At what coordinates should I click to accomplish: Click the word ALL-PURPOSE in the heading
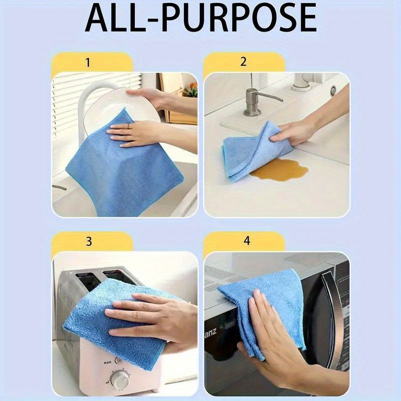coord(200,19)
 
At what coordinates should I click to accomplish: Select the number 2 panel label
coord(244,62)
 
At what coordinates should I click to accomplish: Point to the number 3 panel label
coord(89,241)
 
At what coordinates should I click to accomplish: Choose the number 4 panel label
coord(246,241)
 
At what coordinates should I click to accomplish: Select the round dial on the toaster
coord(120,379)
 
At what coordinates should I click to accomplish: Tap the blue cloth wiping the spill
coord(256,148)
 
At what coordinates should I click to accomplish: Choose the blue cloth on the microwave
coord(266,306)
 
